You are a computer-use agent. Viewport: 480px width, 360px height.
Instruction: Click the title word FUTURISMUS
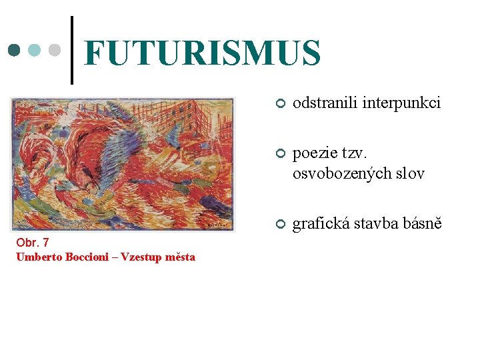[203, 53]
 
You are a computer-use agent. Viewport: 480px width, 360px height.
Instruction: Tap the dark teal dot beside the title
[14, 51]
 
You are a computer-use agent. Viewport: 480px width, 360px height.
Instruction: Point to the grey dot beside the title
[55, 51]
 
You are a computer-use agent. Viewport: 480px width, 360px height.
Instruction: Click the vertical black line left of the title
[72, 50]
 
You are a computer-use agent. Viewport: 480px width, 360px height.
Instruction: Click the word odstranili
[325, 103]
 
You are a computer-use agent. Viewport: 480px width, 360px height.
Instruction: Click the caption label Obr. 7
[33, 243]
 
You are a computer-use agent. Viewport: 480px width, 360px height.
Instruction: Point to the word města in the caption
[181, 257]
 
